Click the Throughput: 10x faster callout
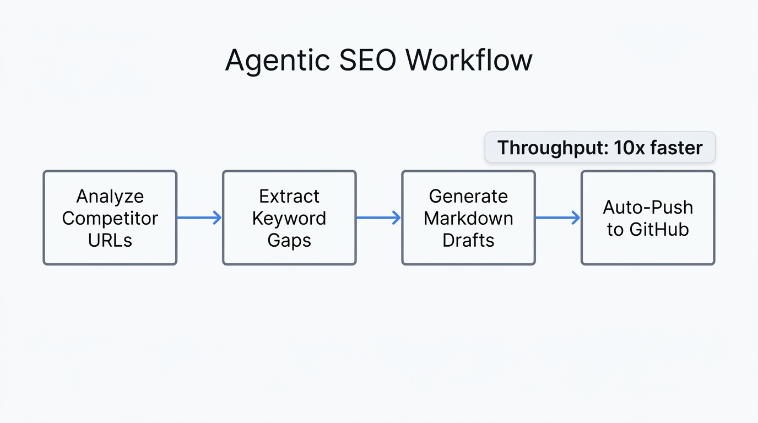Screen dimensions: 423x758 click(x=600, y=148)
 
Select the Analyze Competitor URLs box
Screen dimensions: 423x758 click(x=110, y=218)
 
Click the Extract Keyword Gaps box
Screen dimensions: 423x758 click(x=289, y=218)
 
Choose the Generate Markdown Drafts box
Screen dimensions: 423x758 click(x=468, y=218)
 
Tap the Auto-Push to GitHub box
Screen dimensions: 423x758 click(x=648, y=218)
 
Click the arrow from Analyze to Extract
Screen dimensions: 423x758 click(x=199, y=218)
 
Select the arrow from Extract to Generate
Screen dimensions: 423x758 click(x=378, y=218)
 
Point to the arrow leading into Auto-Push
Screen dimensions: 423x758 click(x=558, y=218)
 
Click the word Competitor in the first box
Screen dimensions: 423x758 click(x=110, y=218)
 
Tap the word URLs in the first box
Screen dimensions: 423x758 click(x=110, y=240)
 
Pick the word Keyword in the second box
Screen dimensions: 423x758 click(x=289, y=218)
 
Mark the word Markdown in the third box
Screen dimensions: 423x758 click(x=468, y=218)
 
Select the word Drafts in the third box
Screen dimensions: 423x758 click(x=468, y=240)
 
